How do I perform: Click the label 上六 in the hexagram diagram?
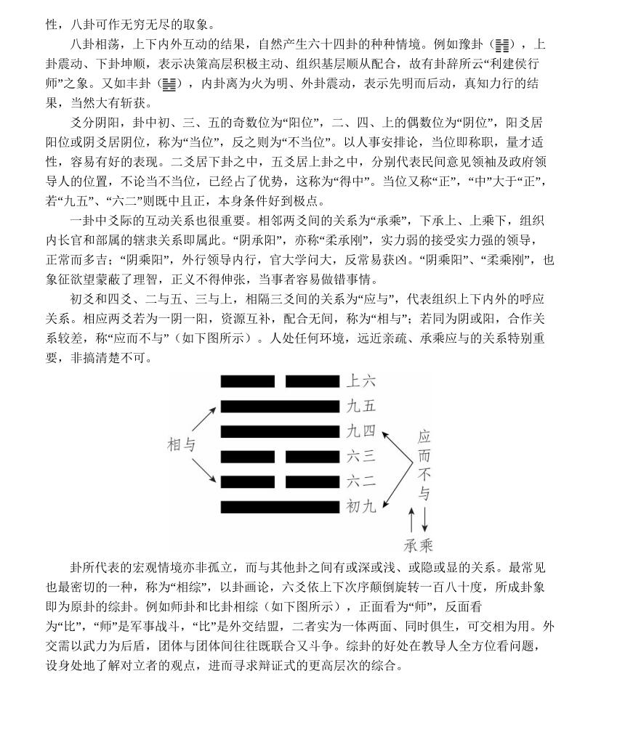click(x=360, y=381)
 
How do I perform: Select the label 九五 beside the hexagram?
click(x=360, y=407)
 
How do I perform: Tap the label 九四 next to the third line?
click(x=360, y=432)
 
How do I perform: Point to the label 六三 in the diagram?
click(x=360, y=457)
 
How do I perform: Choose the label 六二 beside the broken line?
click(x=360, y=481)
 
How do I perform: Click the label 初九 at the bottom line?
click(x=360, y=507)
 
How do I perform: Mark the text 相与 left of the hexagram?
click(x=182, y=445)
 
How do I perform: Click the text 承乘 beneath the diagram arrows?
click(x=418, y=545)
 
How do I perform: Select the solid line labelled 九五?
click(x=280, y=407)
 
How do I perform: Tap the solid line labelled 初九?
click(x=280, y=507)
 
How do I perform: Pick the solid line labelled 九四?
click(x=280, y=432)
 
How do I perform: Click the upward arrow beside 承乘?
click(x=412, y=521)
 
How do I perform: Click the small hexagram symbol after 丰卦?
click(x=169, y=84)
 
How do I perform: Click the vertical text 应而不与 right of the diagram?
click(x=424, y=465)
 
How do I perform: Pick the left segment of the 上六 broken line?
click(x=248, y=381)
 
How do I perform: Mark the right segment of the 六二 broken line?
click(x=312, y=481)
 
